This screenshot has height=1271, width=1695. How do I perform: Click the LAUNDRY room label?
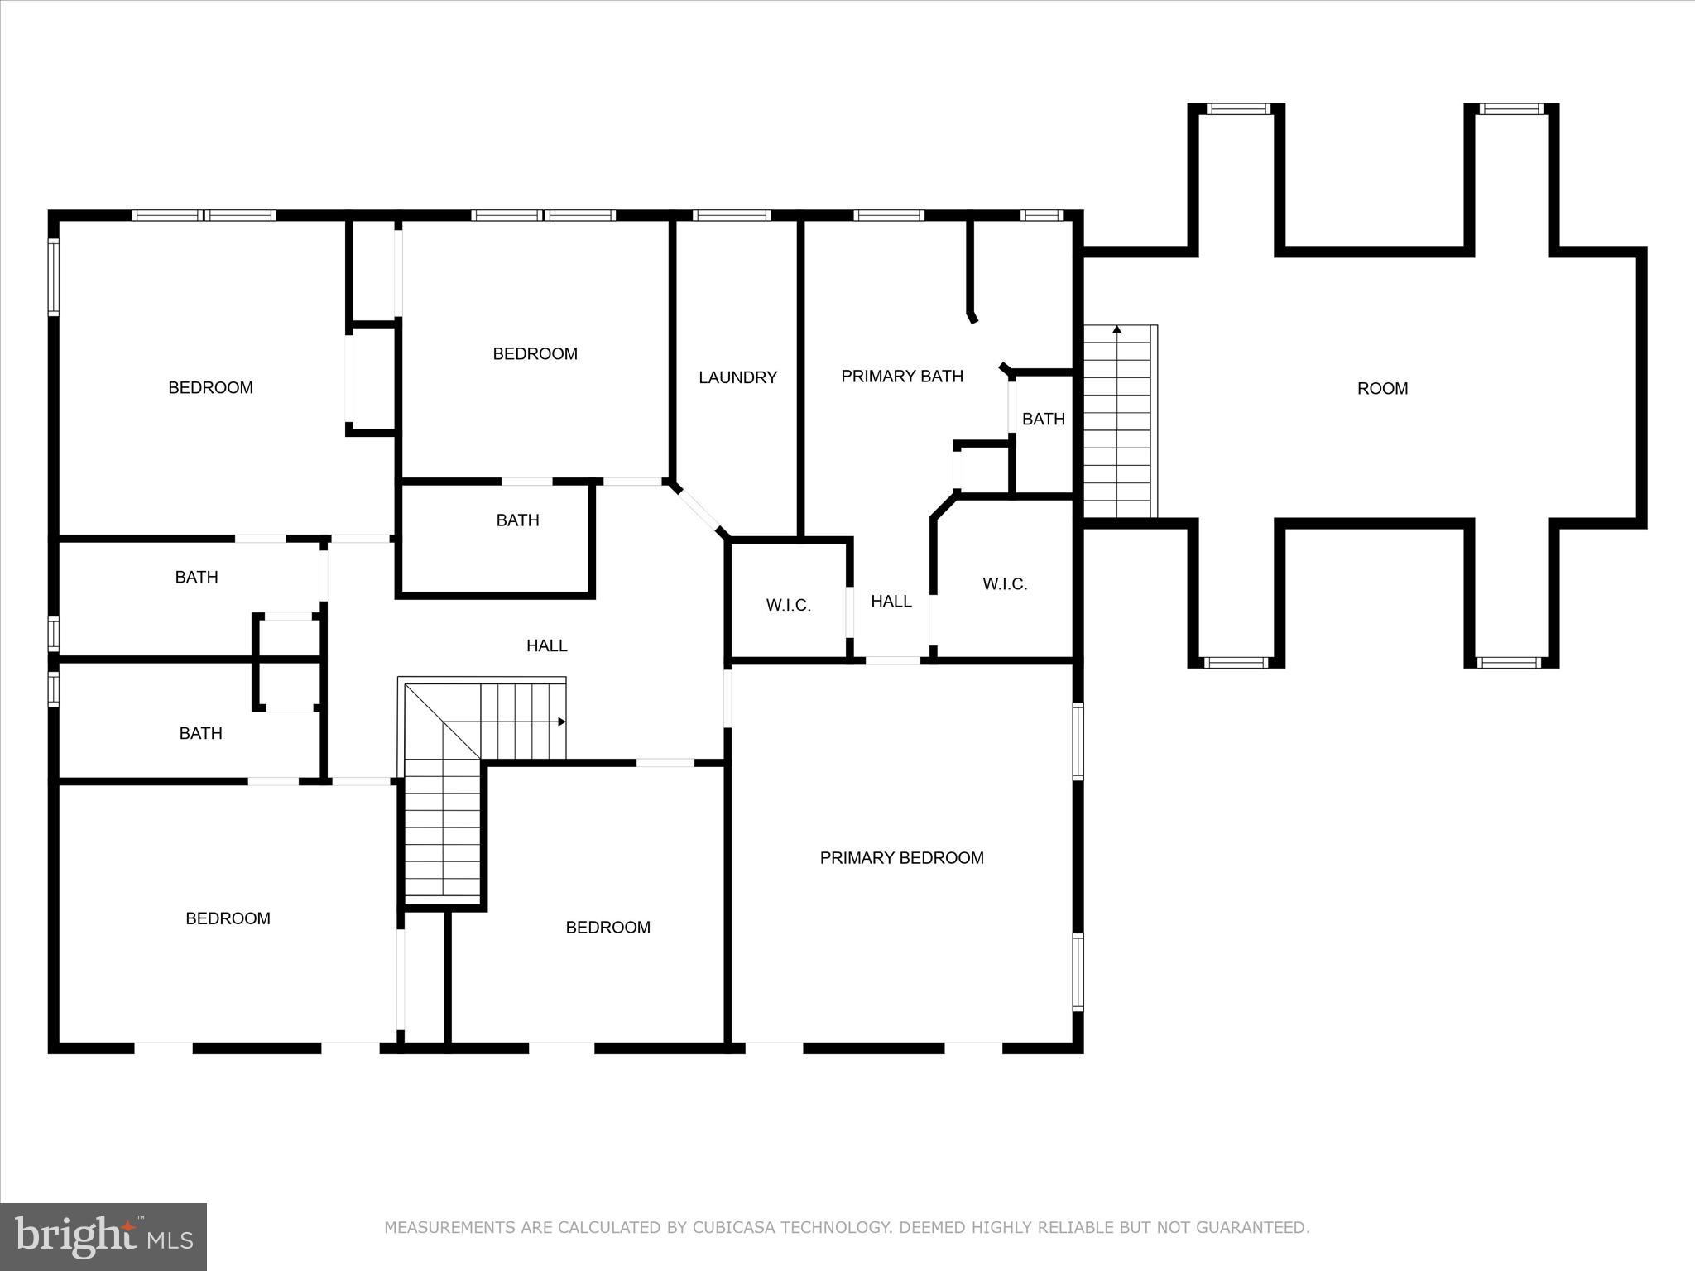click(737, 377)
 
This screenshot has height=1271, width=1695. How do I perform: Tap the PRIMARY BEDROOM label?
click(901, 858)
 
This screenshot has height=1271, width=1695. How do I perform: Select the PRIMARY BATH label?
click(902, 377)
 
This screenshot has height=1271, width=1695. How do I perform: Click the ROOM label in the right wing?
click(1382, 388)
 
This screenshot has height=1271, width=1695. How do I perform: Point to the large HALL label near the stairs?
click(546, 645)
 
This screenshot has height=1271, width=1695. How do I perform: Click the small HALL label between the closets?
click(891, 602)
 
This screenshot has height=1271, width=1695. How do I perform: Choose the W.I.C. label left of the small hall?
click(788, 606)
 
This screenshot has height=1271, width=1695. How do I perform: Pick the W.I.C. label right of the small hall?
click(1005, 584)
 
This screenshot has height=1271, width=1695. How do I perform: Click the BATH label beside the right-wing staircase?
click(1043, 420)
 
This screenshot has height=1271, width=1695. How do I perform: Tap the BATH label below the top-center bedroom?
click(517, 520)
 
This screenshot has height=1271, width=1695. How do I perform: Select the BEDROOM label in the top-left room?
click(210, 388)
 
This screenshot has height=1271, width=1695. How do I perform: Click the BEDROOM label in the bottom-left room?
click(228, 918)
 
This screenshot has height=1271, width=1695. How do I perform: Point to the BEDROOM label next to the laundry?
click(535, 354)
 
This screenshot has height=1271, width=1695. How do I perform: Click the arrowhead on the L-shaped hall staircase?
click(562, 722)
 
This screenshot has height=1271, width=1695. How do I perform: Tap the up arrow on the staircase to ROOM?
click(1116, 329)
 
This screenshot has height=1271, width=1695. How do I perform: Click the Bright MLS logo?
click(103, 1236)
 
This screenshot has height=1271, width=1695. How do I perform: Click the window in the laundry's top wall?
click(732, 215)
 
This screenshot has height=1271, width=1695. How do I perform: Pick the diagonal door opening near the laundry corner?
click(699, 511)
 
